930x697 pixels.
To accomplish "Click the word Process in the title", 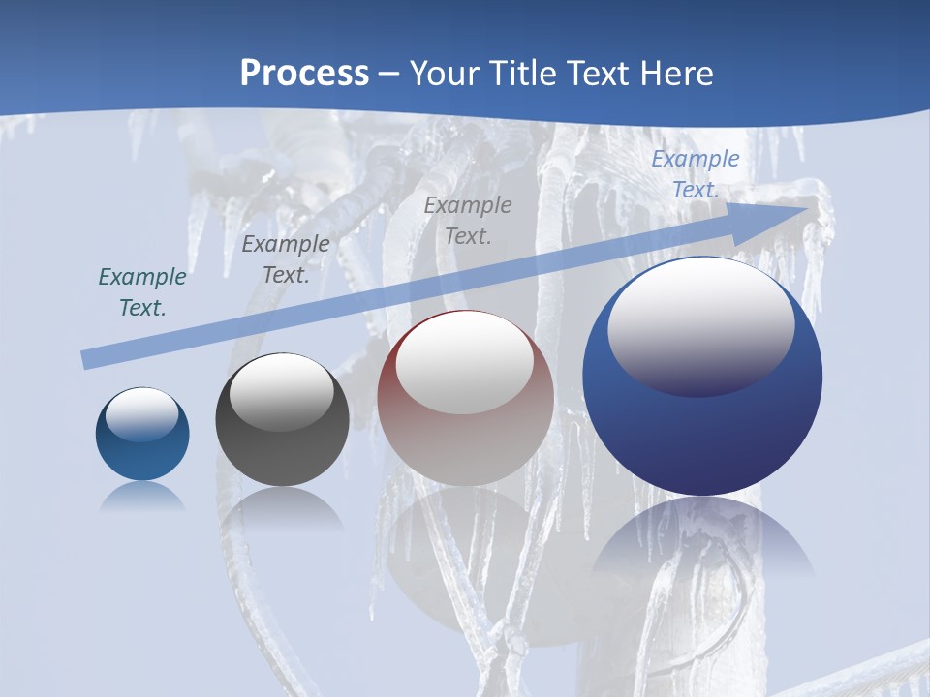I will tap(304, 74).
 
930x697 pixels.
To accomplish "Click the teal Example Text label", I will tap(142, 292).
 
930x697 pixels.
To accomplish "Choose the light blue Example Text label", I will tap(696, 174).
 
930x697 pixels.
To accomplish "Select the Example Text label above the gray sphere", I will tap(286, 258).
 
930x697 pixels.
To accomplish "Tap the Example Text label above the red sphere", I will tap(468, 220).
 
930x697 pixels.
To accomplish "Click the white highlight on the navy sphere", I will tap(700, 324).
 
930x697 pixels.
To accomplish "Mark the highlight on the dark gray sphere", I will tap(282, 392).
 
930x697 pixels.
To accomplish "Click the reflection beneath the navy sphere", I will tap(702, 537).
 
